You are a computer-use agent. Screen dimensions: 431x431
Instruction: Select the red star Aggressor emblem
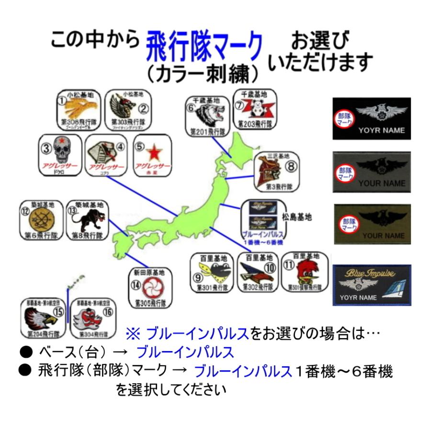click(153, 153)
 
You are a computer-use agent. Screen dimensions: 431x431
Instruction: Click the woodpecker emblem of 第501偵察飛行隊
click(307, 272)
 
